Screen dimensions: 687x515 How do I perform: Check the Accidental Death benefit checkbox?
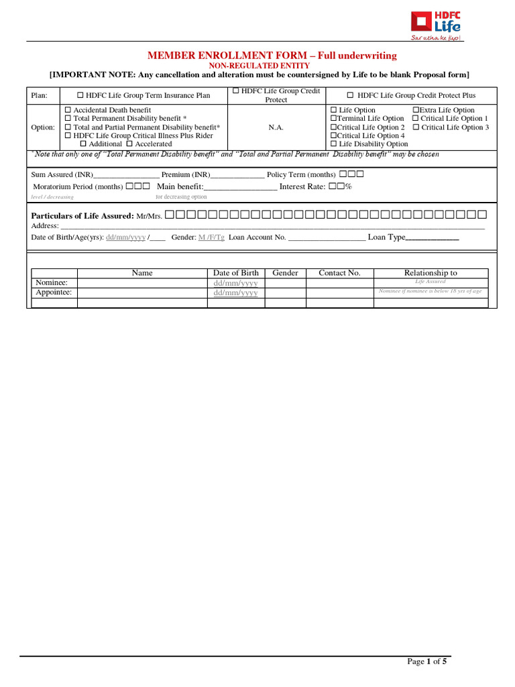click(67, 110)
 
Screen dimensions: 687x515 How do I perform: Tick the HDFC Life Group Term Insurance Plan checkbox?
click(81, 96)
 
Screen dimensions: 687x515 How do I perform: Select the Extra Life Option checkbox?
click(416, 110)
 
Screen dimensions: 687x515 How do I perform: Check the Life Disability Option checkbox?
click(333, 144)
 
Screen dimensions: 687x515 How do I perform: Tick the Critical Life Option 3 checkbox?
click(416, 127)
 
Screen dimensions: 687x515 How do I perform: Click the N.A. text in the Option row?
click(276, 127)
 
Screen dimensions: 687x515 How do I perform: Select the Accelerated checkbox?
click(130, 144)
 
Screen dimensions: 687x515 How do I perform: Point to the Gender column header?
click(285, 273)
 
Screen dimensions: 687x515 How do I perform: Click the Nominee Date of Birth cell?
click(235, 283)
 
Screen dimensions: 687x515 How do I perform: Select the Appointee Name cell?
click(142, 293)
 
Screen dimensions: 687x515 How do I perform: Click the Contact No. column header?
click(339, 273)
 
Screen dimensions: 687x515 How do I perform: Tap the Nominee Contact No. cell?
click(339, 283)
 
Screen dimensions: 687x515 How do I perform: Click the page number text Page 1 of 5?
click(427, 662)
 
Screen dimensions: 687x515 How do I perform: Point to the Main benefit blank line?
click(239, 188)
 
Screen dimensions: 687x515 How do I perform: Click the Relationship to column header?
click(431, 273)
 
